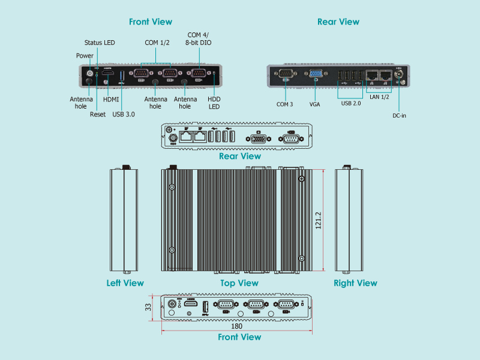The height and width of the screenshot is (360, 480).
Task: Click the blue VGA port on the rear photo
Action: pos(314,74)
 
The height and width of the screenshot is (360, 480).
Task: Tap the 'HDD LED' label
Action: pos(214,103)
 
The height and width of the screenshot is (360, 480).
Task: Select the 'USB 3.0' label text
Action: pos(124,115)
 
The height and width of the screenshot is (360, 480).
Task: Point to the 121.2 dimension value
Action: pos(319,221)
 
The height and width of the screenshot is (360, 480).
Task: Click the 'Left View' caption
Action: pos(125,283)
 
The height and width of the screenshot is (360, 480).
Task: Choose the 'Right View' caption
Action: pos(355,283)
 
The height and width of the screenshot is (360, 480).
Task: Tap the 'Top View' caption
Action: pos(239,283)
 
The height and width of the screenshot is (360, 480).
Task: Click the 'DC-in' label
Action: pos(400,115)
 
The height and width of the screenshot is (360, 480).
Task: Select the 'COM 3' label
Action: pos(285,104)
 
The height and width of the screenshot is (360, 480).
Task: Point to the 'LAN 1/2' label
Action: pos(379,96)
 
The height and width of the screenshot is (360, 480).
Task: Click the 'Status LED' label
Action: pos(100,43)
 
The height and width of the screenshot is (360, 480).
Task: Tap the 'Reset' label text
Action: pos(98,115)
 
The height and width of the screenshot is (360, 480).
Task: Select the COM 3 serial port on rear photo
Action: pos(285,74)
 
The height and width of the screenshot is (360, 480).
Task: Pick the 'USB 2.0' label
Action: pos(350,104)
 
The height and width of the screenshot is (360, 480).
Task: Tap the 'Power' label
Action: pos(85,56)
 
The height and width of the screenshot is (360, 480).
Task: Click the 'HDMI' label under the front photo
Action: pos(111,100)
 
